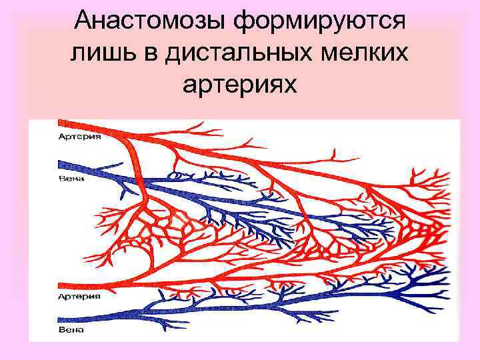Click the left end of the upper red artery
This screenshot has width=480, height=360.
[x=61, y=123]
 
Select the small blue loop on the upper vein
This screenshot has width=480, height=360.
[x=177, y=176]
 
